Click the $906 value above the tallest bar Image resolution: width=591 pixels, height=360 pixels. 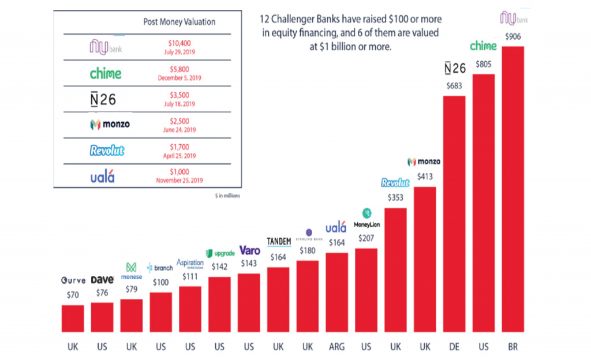(513, 36)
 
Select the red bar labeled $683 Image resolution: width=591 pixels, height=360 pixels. (454, 213)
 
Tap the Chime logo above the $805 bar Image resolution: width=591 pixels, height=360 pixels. (483, 46)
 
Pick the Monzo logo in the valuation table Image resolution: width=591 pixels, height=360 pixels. (110, 124)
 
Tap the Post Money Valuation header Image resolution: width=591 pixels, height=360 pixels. (179, 22)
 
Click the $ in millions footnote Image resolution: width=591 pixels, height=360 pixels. (227, 196)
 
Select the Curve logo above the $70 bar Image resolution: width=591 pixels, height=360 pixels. (73, 280)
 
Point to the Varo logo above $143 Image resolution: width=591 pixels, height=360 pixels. (249, 251)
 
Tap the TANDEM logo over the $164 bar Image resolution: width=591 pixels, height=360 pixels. (278, 241)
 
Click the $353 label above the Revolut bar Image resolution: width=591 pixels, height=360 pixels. (395, 197)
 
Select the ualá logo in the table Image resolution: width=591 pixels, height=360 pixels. (103, 177)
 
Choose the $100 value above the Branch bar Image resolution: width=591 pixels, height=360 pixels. (160, 283)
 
